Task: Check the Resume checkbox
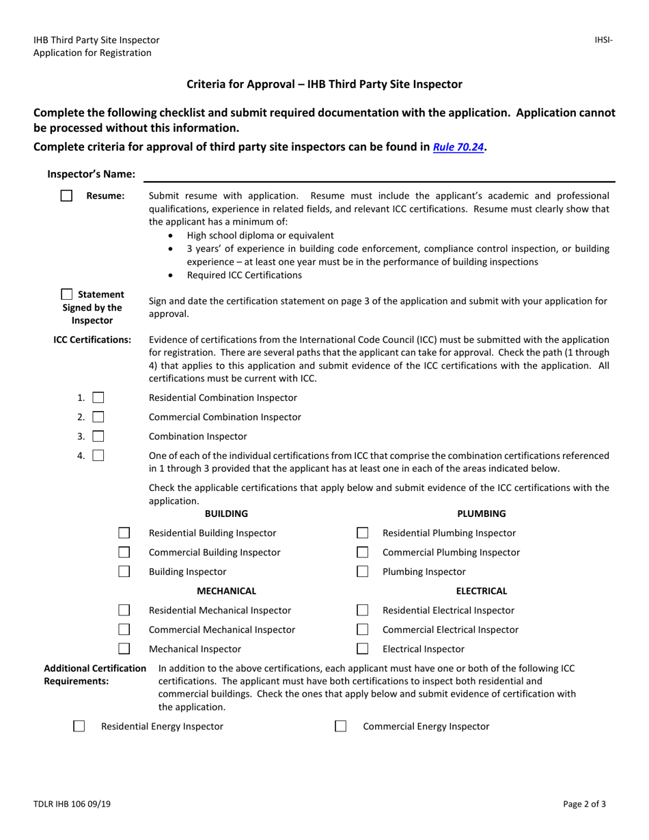[x=66, y=196]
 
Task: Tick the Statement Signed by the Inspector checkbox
[x=67, y=294]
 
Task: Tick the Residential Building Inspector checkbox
[x=124, y=533]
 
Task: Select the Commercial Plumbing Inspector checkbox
[x=363, y=552]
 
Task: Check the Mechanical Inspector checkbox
[x=124, y=649]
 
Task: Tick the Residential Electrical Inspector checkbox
[x=363, y=610]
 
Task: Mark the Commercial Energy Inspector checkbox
[x=340, y=726]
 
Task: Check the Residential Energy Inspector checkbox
[x=79, y=726]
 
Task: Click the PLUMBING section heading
[x=481, y=514]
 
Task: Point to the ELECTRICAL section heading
[x=481, y=591]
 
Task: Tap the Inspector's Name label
[x=91, y=174]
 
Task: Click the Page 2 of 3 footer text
[x=584, y=804]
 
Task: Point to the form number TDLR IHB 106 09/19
[x=72, y=804]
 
